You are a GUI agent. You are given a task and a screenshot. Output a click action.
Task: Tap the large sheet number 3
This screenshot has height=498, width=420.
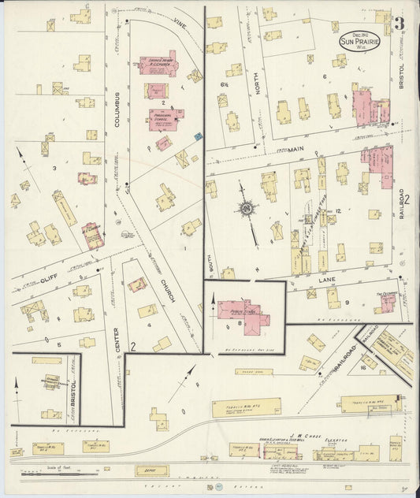pyautogui.click(x=400, y=23)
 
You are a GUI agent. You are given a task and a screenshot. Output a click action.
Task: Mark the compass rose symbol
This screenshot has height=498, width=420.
pyautogui.click(x=247, y=208)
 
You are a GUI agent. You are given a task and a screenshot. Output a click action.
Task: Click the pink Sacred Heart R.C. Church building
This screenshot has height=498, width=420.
pyautogui.click(x=159, y=65)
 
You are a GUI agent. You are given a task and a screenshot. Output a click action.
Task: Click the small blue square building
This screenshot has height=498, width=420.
pyautogui.click(x=199, y=137)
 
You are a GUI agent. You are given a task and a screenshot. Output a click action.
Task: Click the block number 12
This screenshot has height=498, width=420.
pyautogui.click(x=337, y=212)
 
